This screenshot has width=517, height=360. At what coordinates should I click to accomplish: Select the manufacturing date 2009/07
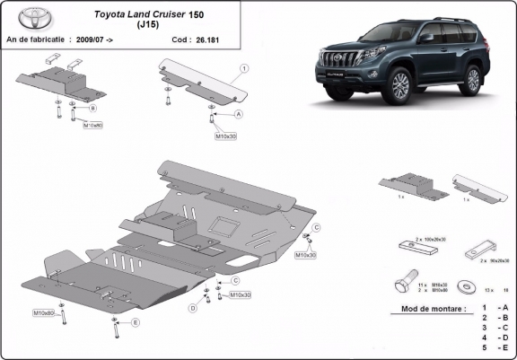pyautogui.click(x=96, y=40)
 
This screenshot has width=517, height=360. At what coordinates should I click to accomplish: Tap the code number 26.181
pyautogui.click(x=207, y=40)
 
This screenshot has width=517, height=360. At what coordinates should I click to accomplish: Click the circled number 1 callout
pyautogui.click(x=244, y=67)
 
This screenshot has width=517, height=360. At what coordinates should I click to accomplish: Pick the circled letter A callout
pyautogui.click(x=239, y=115)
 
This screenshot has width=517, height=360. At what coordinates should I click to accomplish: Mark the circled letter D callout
pyautogui.click(x=192, y=308)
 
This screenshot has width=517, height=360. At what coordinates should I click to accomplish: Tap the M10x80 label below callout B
pyautogui.click(x=93, y=126)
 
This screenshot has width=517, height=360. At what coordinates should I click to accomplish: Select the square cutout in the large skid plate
pyautogui.click(x=220, y=226)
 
